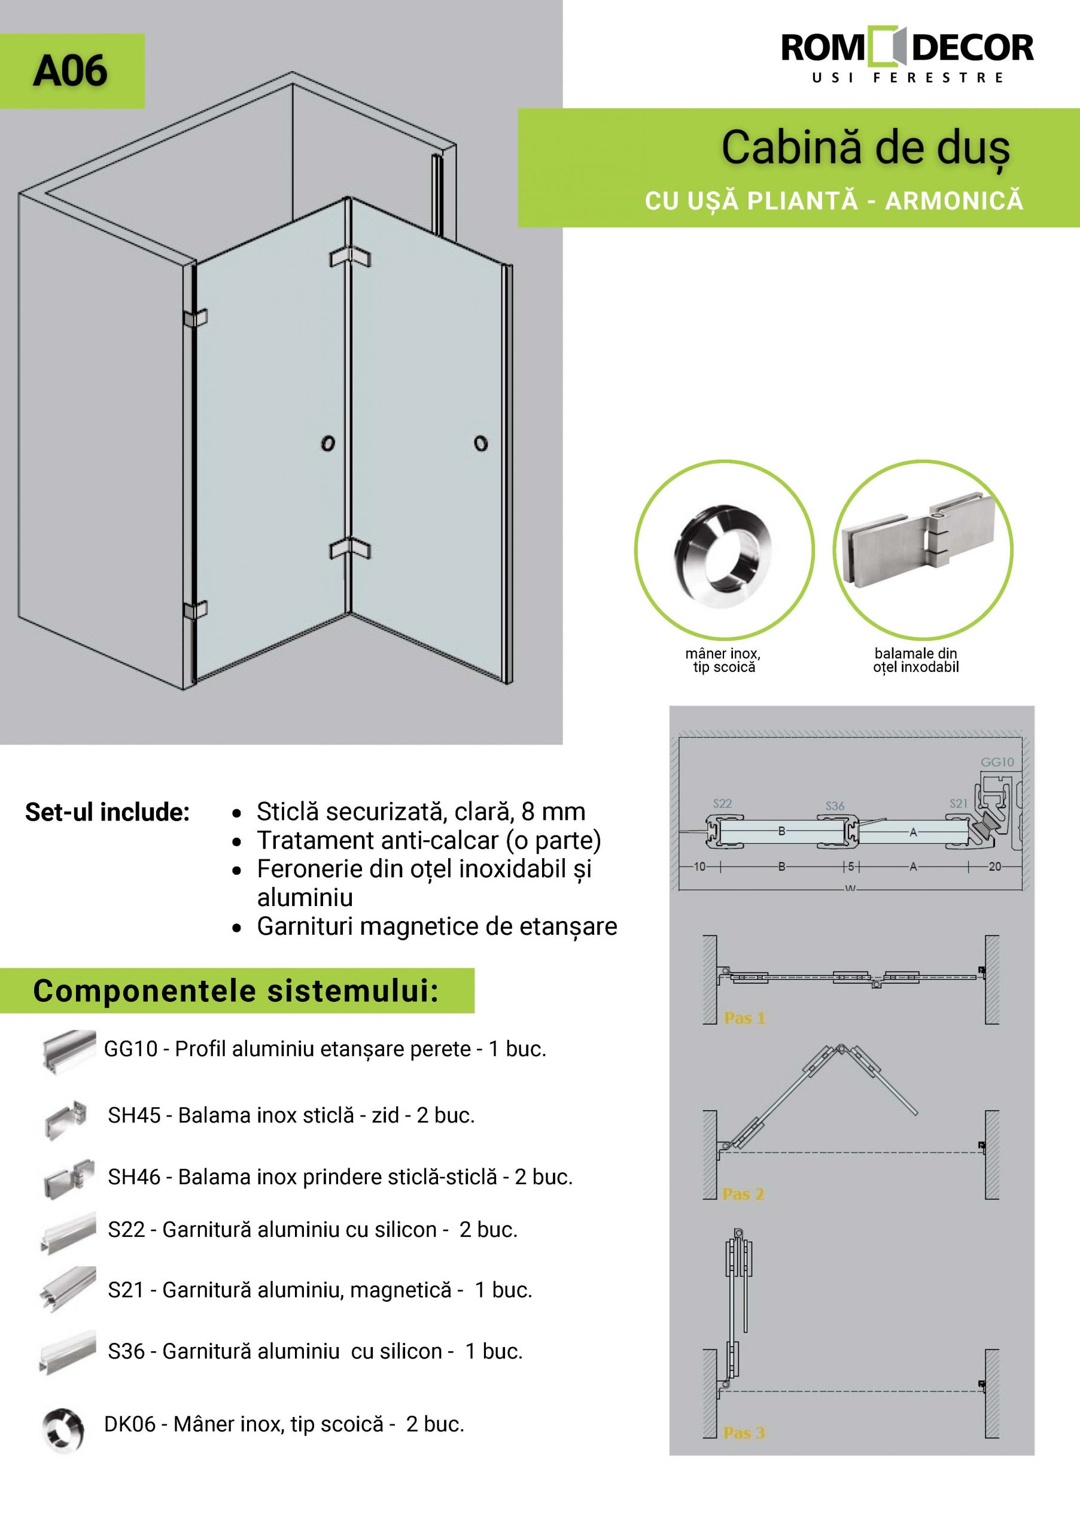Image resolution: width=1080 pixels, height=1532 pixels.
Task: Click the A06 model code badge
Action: [x=71, y=71]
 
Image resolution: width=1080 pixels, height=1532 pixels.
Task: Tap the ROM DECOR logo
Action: [x=907, y=56]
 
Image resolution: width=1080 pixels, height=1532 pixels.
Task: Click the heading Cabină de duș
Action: [x=865, y=148]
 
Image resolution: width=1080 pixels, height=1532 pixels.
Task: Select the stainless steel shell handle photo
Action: [x=724, y=549]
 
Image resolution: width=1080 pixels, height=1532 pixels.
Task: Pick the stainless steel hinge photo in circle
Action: [x=923, y=549]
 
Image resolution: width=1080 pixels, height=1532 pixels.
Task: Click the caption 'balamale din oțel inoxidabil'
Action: [x=915, y=660]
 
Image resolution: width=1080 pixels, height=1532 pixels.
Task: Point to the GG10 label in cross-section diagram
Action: [x=997, y=762]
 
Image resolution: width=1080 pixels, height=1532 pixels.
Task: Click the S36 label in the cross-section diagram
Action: [x=835, y=806]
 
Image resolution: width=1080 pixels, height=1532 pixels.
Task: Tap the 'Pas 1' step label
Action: [x=744, y=1018]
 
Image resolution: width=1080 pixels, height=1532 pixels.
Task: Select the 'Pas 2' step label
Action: [x=743, y=1194]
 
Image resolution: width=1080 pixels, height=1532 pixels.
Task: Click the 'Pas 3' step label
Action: [x=744, y=1433]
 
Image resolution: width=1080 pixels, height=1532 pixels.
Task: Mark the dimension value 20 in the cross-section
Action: [x=994, y=867]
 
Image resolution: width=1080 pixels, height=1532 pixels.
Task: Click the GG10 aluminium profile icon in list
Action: [x=68, y=1050]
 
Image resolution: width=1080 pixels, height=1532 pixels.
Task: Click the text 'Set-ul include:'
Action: [x=107, y=812]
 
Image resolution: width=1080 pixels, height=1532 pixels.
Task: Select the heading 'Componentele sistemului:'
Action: [x=236, y=991]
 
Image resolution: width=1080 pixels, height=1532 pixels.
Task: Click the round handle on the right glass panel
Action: [x=480, y=443]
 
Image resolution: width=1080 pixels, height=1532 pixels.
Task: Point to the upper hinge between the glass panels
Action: [x=349, y=256]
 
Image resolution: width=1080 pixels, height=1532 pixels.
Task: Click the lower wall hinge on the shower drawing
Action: [x=195, y=610]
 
